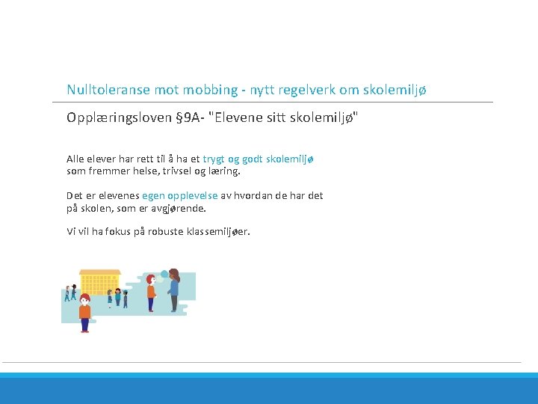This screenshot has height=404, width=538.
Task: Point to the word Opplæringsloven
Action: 118,117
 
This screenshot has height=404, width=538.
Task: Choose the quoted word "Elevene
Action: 237,117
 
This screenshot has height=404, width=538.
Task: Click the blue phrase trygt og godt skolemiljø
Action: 259,159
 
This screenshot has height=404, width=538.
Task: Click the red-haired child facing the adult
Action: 151,293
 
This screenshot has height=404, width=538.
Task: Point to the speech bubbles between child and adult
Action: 164,275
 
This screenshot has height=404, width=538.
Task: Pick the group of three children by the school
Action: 117,297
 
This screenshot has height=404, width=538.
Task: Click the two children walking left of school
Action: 70,293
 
